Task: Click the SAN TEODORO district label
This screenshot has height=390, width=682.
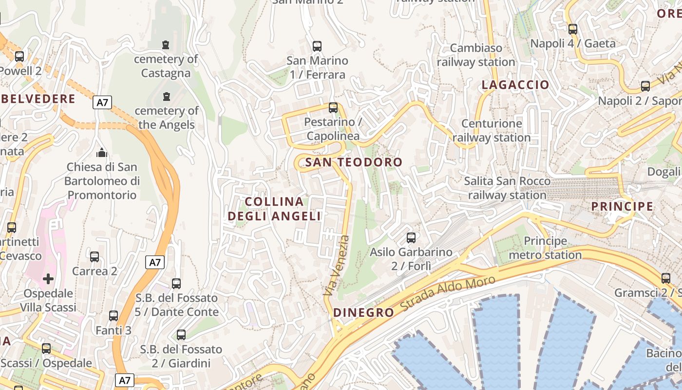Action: [354, 162]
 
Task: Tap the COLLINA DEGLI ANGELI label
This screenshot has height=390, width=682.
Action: [275, 209]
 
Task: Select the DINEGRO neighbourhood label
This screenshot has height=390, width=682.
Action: [363, 313]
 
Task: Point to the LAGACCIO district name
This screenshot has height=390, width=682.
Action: [515, 85]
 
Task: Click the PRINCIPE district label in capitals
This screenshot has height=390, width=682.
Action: [622, 206]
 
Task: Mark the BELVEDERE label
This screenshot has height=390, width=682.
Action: [38, 99]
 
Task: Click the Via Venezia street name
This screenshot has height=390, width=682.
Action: [337, 266]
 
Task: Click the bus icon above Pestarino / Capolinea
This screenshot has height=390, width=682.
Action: [333, 108]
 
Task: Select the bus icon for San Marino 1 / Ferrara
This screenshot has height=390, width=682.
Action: [317, 46]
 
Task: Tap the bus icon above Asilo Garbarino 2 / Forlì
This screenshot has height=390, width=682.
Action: [411, 238]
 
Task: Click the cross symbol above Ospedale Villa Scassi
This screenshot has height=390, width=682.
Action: [48, 279]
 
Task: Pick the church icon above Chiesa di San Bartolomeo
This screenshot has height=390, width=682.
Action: [102, 153]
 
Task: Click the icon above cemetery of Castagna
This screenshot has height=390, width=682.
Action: [166, 45]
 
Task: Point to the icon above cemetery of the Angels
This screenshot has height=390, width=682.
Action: [167, 96]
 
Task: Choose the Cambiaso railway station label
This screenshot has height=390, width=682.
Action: [476, 55]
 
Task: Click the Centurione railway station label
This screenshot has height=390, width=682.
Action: [492, 131]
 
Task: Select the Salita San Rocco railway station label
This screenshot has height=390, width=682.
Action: [507, 188]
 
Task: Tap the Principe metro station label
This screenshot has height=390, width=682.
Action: [545, 248]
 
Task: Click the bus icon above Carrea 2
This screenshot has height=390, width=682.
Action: [95, 256]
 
